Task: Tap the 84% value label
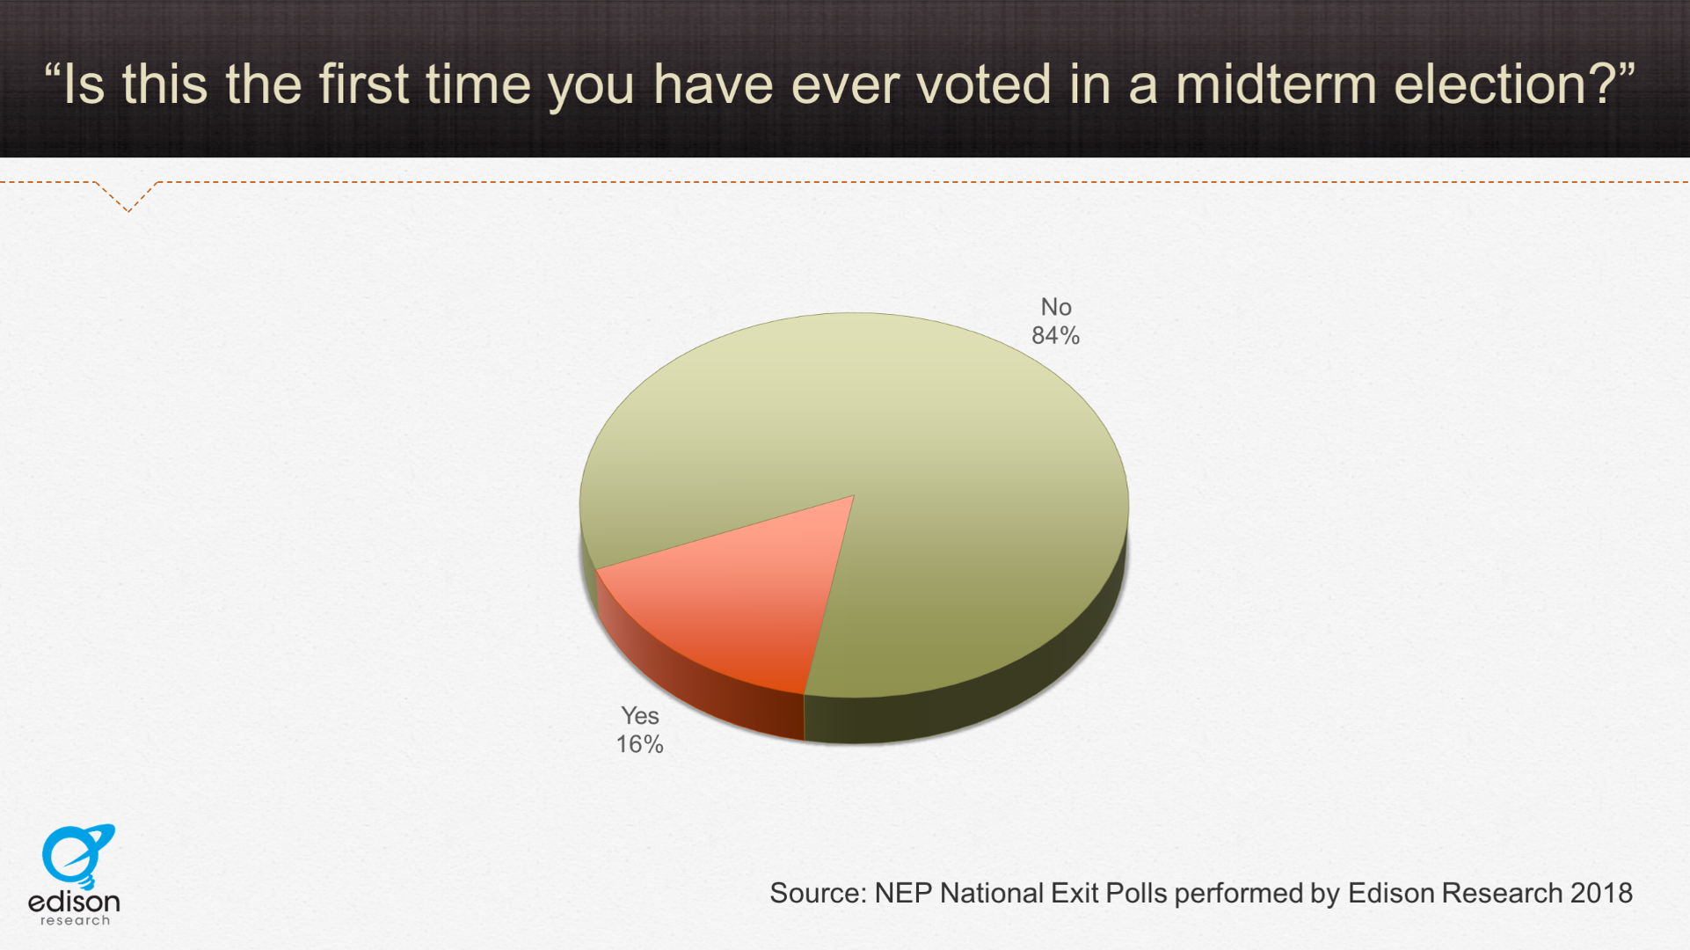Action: pyautogui.click(x=1055, y=336)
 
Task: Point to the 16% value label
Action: pyautogui.click(x=639, y=745)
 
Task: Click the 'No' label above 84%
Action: pyautogui.click(x=1056, y=307)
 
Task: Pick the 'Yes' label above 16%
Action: pyautogui.click(x=640, y=716)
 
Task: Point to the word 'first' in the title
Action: pyautogui.click(x=363, y=84)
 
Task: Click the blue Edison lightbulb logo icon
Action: pyautogui.click(x=77, y=855)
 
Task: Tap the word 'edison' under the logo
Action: pyautogui.click(x=74, y=902)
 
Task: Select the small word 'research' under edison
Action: pyautogui.click(x=75, y=920)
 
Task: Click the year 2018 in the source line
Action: pyautogui.click(x=1601, y=893)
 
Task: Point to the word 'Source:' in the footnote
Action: pyautogui.click(x=819, y=893)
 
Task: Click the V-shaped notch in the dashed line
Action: pyautogui.click(x=128, y=198)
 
